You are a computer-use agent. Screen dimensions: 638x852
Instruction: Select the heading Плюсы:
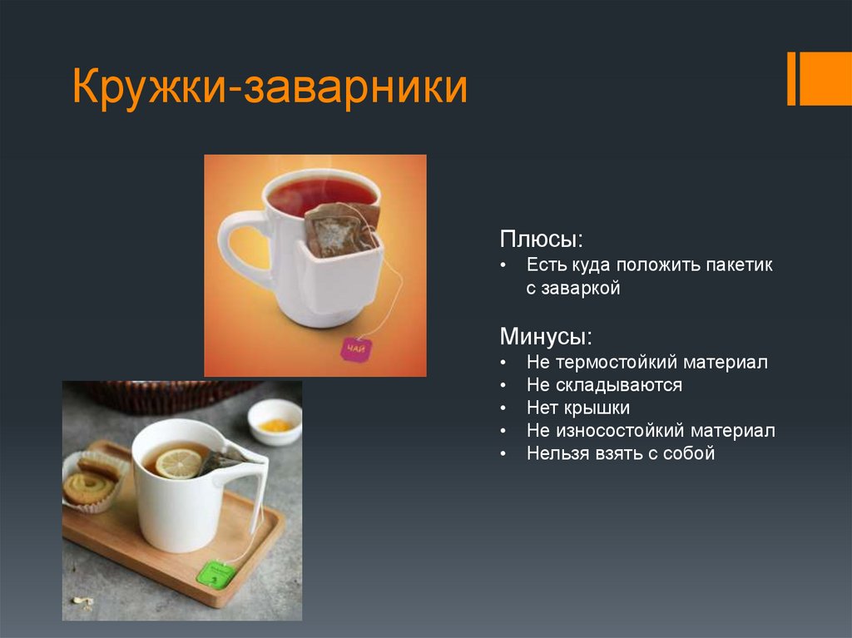coord(541,240)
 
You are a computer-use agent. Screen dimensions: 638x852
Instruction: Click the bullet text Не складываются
coord(604,385)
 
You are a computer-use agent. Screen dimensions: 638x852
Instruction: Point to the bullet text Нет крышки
coord(577,408)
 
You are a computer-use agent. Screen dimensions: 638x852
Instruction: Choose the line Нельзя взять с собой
coord(620,453)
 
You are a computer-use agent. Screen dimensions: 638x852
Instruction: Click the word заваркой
coord(581,289)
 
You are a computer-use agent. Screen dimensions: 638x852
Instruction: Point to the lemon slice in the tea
coord(178,463)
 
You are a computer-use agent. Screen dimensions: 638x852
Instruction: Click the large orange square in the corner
coord(825,78)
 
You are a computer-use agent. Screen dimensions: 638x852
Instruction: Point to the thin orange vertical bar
coord(791,78)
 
